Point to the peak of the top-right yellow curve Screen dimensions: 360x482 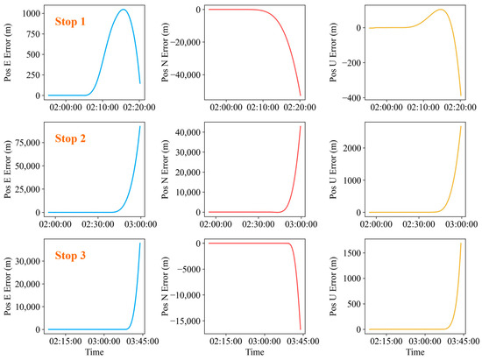tap(440, 11)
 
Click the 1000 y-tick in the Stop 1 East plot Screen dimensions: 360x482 tap(31, 14)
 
